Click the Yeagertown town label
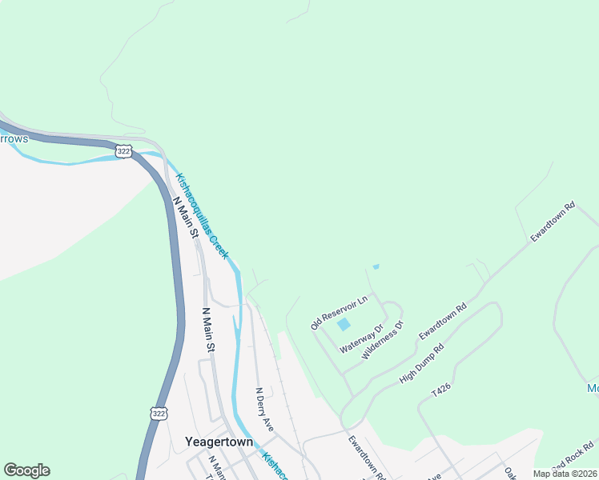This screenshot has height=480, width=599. pos(219,442)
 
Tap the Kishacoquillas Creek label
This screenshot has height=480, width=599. pos(202,216)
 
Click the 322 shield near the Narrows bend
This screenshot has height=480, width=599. pos(123,151)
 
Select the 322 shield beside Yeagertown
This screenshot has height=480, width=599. pos(158,413)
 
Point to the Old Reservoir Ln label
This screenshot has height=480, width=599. pos(338,312)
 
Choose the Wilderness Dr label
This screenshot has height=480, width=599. pos(384,339)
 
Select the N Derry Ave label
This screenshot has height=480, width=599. pos(264,410)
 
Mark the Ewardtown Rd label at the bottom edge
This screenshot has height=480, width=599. pos(368,458)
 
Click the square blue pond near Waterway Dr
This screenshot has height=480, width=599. pos(344,324)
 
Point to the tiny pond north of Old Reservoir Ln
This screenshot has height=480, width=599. pos(376,267)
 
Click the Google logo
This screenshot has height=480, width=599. pos(26,470)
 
